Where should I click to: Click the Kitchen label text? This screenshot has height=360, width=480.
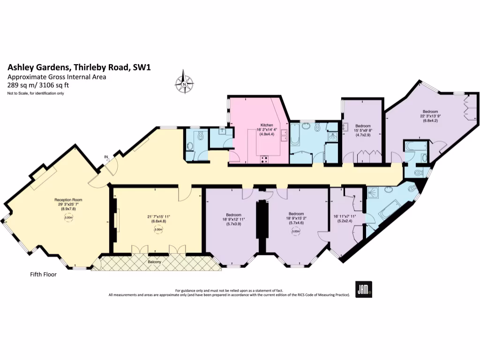point(267,125)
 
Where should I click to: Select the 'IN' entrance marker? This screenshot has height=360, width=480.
point(106,157)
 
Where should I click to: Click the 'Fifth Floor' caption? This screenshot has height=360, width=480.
point(40,275)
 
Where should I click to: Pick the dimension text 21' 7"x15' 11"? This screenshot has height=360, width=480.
point(158,216)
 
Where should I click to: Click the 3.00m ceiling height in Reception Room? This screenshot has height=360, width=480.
point(68,217)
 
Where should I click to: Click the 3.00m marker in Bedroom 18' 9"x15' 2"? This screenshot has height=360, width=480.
point(296,231)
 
